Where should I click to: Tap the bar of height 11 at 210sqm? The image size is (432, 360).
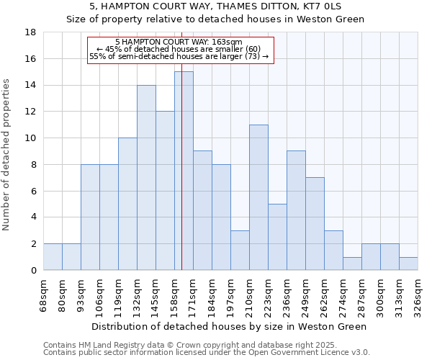(x=258, y=197)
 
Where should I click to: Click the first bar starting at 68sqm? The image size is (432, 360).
(x=53, y=257)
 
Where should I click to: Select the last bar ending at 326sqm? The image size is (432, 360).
(x=408, y=264)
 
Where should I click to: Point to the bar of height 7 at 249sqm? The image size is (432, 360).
(x=315, y=223)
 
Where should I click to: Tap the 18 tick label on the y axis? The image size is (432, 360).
(x=30, y=32)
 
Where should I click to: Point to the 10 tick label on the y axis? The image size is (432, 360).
(x=30, y=138)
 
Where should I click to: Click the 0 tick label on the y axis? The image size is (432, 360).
(x=33, y=271)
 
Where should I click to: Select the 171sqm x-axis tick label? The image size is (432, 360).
(x=193, y=294)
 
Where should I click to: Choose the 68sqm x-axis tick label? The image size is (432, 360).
(x=43, y=294)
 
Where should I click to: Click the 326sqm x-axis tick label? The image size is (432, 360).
(x=418, y=294)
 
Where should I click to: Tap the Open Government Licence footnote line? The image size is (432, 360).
(x=207, y=353)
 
